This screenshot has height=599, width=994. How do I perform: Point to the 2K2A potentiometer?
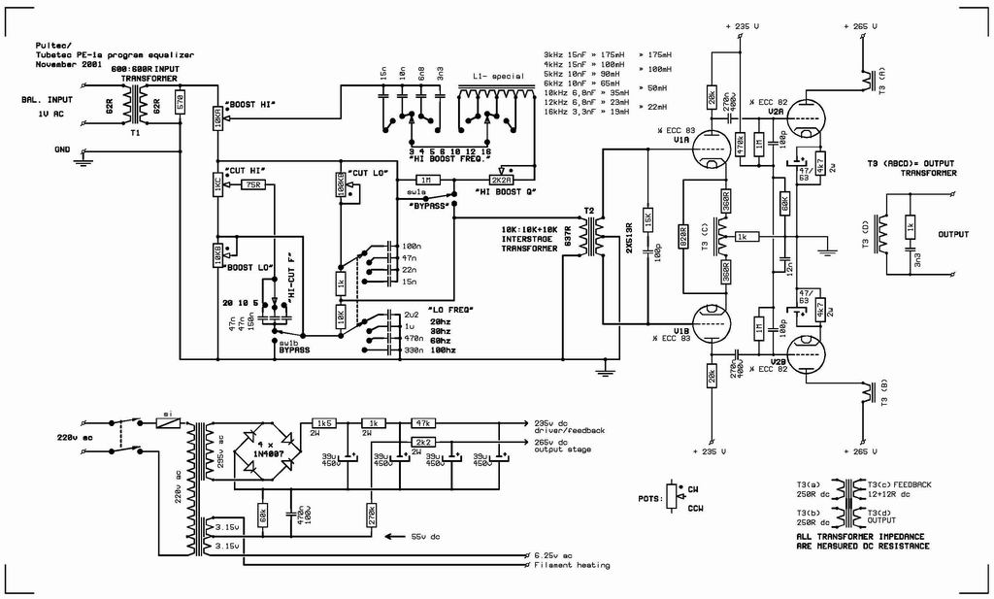point(502,180)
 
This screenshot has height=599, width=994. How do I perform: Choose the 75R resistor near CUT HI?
point(252,184)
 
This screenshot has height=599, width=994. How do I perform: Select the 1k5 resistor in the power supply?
point(323,424)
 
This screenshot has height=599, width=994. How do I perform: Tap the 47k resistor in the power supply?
point(422,424)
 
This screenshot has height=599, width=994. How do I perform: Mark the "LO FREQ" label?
point(450,309)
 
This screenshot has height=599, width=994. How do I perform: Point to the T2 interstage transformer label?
point(589,211)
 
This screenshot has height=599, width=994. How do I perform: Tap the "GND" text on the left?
point(62,149)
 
